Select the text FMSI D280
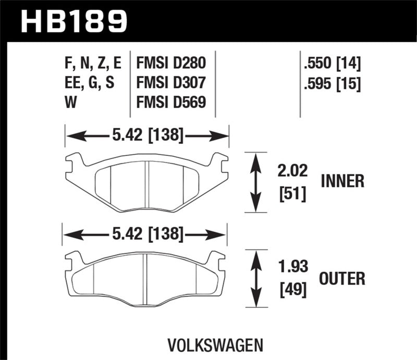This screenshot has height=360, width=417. tap(171, 64)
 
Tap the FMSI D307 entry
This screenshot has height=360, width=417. tap(171, 83)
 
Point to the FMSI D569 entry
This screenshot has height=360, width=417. tap(171, 102)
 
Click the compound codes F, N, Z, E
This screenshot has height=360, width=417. tap(91, 64)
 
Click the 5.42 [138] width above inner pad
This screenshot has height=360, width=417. tap(146, 136)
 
